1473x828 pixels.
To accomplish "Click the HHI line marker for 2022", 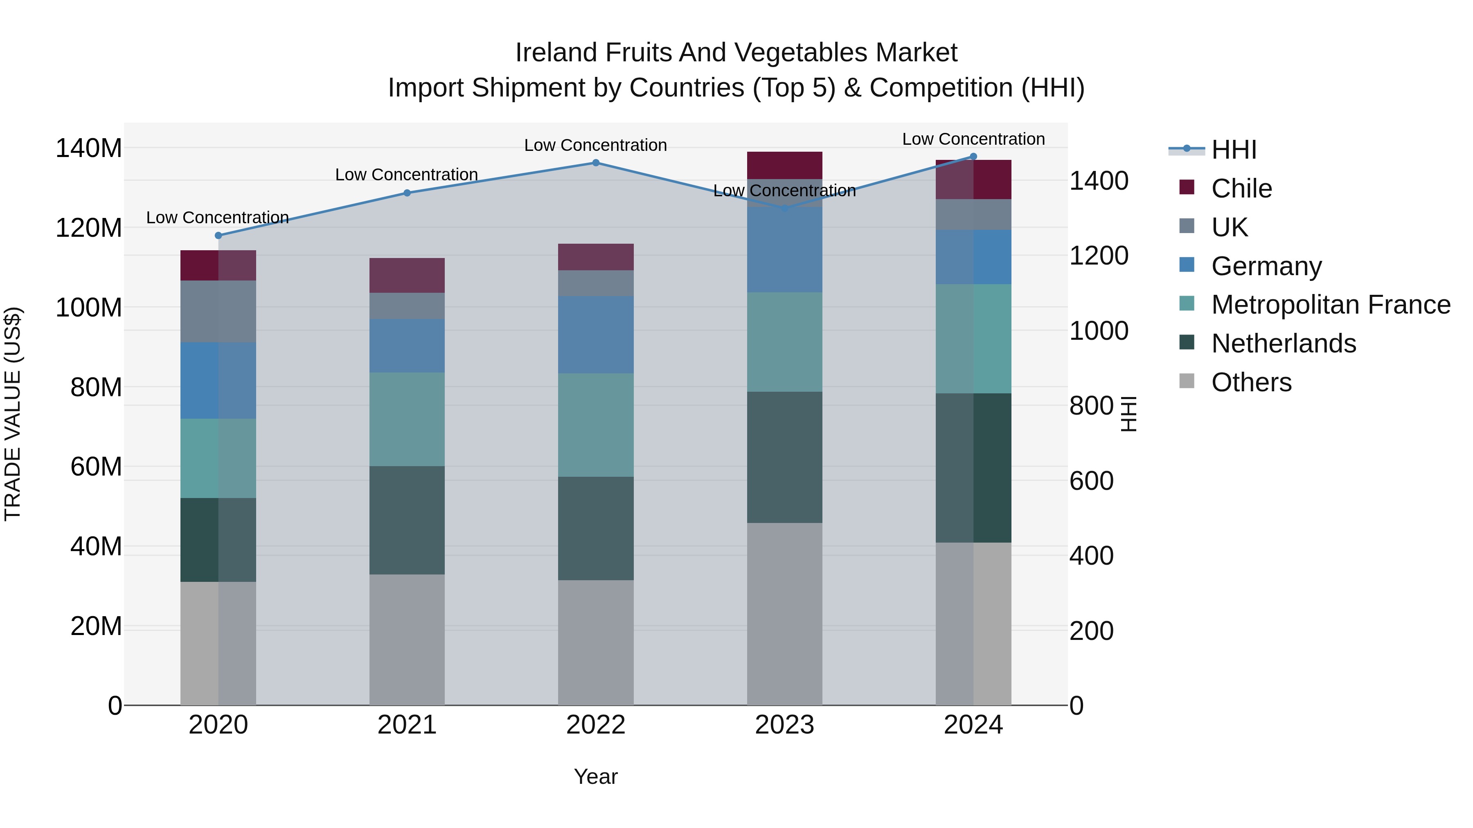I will pyautogui.click(x=596, y=163).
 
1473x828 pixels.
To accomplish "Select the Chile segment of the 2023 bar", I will pyautogui.click(x=784, y=165).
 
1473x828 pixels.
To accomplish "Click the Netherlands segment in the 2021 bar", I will pyautogui.click(x=407, y=520).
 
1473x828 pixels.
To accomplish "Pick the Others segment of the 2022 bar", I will pyautogui.click(x=596, y=642).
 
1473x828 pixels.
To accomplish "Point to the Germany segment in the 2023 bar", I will pyautogui.click(x=784, y=250).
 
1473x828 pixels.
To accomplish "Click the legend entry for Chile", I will pyautogui.click(x=1241, y=188).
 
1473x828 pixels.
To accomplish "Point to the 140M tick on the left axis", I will pyautogui.click(x=89, y=148).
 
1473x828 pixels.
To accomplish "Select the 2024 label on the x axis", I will pyautogui.click(x=973, y=725).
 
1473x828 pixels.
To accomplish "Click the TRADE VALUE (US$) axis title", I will pyautogui.click(x=13, y=414).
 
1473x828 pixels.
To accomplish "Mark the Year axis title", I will pyautogui.click(x=596, y=776).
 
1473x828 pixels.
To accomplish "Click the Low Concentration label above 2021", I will pyautogui.click(x=407, y=175).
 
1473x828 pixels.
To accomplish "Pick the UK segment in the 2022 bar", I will pyautogui.click(x=596, y=283).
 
